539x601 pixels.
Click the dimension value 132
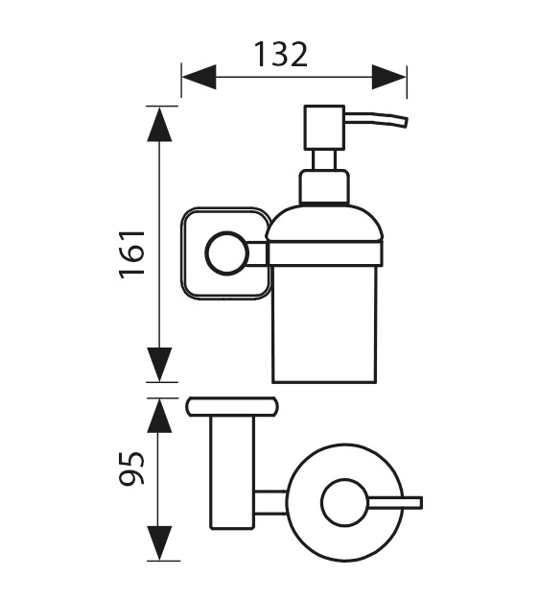(281, 55)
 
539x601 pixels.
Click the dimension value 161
(132, 255)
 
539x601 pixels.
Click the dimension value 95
(132, 468)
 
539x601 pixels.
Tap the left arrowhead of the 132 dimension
(199, 77)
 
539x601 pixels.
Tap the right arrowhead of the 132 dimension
(388, 77)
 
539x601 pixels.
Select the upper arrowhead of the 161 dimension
(159, 124)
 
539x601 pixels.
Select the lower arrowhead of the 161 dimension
(159, 365)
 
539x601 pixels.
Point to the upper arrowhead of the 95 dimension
(159, 416)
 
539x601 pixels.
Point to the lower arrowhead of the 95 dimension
(159, 543)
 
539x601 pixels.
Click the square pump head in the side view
(324, 128)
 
